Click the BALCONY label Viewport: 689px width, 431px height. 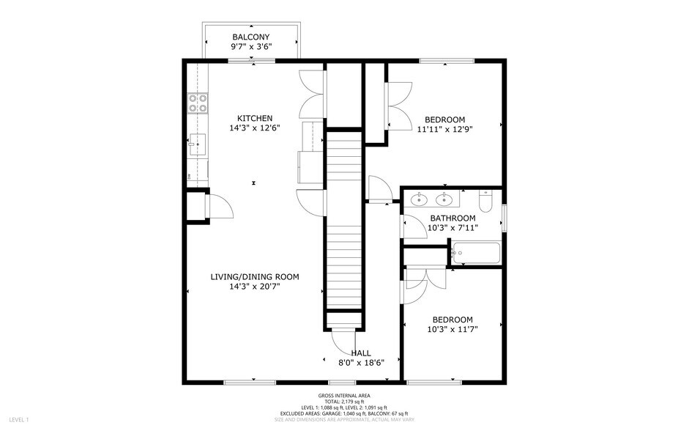[251, 37]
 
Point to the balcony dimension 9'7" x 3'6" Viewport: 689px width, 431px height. [251, 46]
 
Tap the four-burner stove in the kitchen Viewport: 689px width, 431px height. [198, 103]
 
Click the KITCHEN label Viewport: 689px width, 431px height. [254, 118]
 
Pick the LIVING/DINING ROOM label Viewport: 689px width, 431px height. [254, 276]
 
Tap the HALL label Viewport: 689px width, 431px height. [361, 353]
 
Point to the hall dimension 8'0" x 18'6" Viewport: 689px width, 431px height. [362, 362]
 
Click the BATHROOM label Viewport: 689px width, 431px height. [452, 218]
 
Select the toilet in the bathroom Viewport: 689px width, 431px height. [485, 200]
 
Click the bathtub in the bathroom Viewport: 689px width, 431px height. [476, 254]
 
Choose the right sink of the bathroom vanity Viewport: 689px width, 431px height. [444, 199]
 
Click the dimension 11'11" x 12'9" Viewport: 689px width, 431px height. [440, 129]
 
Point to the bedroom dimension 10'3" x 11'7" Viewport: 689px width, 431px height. [452, 329]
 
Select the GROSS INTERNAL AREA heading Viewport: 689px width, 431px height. [344, 396]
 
